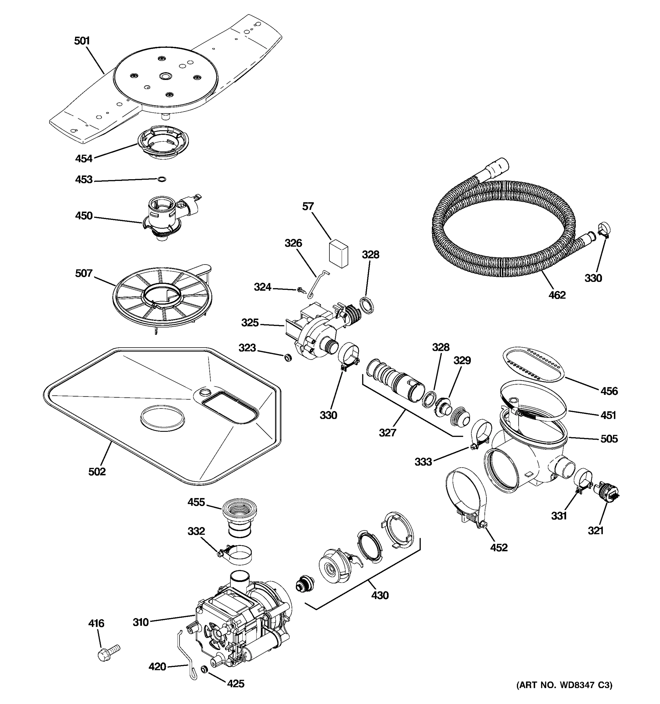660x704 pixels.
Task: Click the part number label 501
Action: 82,41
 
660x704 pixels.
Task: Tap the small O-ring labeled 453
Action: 161,180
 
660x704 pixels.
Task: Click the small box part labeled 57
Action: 339,253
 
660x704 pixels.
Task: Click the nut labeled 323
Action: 288,358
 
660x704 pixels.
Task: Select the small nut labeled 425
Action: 204,669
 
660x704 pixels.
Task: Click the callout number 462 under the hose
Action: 557,295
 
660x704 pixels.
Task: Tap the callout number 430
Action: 380,595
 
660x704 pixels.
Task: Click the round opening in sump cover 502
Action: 163,419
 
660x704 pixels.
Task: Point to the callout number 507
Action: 84,273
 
